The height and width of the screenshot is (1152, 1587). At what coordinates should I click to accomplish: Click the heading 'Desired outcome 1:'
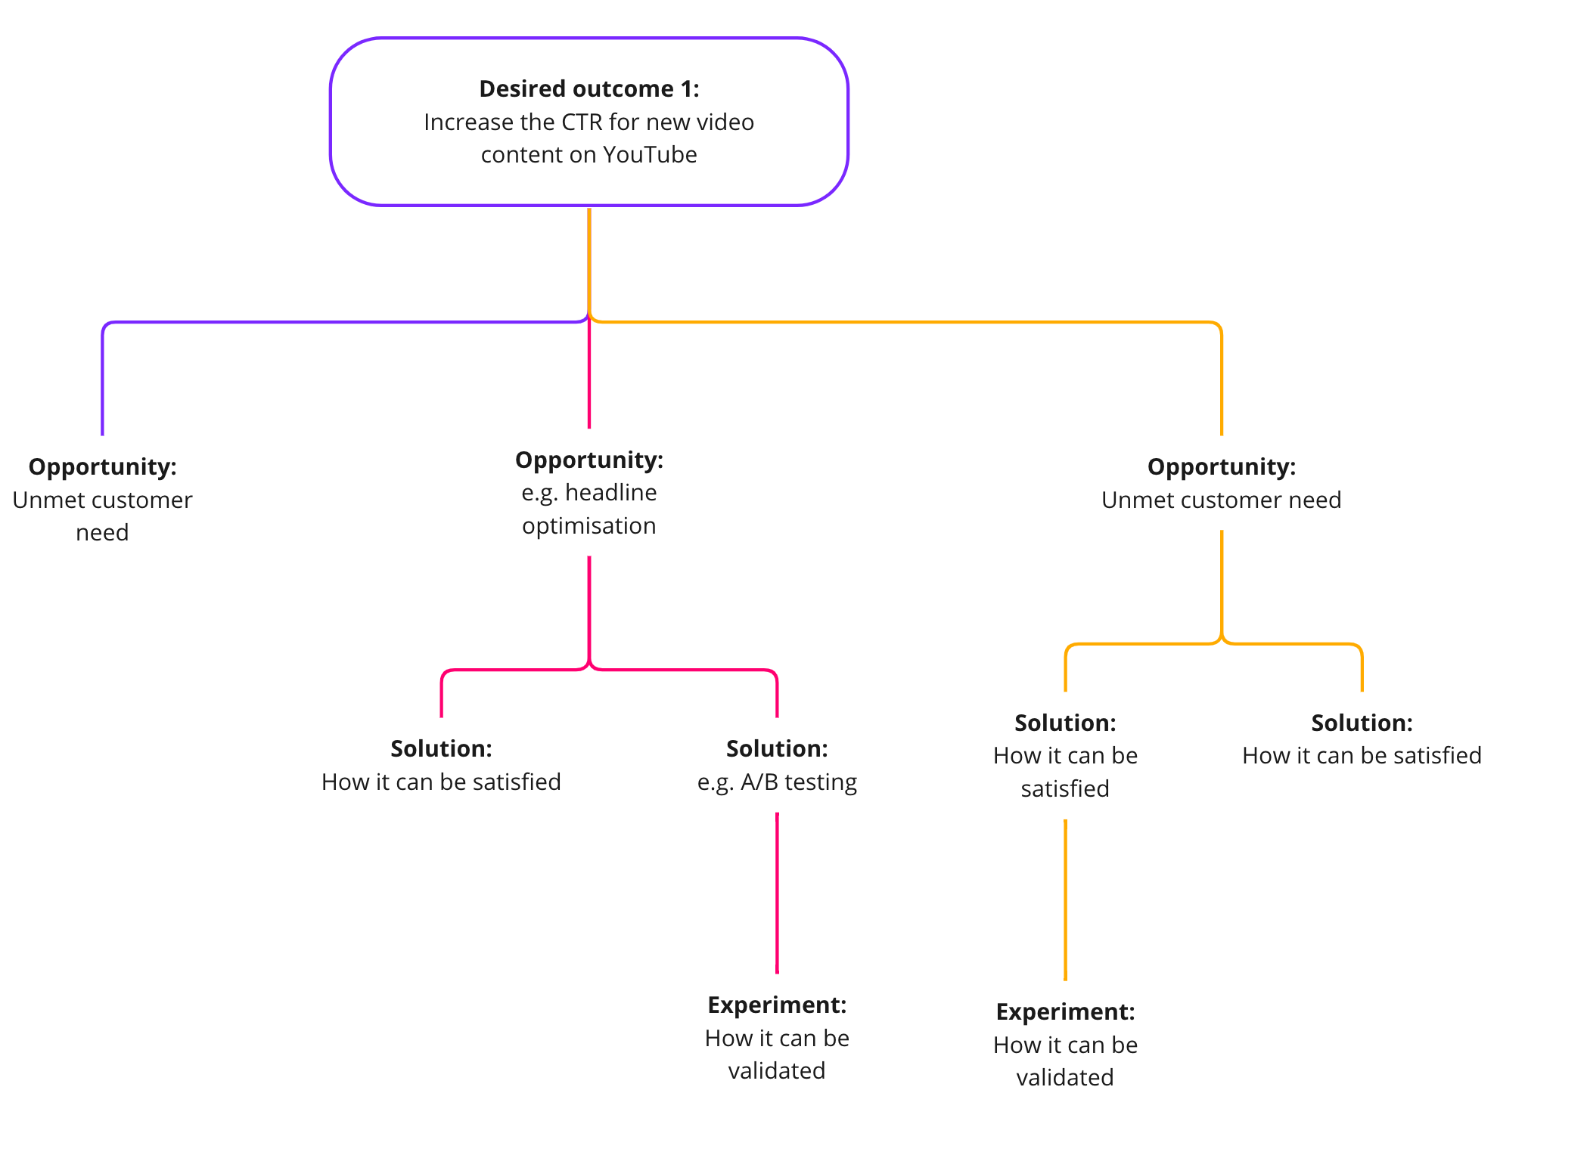[x=589, y=89]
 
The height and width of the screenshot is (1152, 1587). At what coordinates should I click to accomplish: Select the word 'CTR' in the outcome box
[x=582, y=122]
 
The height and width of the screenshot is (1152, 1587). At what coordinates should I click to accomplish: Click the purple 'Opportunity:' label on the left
[x=102, y=467]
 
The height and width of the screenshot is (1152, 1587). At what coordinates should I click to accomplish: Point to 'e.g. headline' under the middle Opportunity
[x=589, y=493]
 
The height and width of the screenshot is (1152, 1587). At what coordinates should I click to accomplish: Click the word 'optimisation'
[x=589, y=526]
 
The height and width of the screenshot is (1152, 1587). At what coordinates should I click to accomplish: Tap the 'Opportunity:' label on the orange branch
[x=1221, y=467]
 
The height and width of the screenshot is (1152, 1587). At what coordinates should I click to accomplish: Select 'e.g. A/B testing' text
[x=777, y=782]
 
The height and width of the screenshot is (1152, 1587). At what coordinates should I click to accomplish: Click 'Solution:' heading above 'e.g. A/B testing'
[x=777, y=749]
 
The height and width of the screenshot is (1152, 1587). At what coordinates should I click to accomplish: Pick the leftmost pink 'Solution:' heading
[x=441, y=749]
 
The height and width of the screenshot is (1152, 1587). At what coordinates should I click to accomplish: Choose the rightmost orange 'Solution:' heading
[x=1362, y=723]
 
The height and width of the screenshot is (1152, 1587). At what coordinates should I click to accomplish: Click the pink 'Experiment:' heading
[x=777, y=1005]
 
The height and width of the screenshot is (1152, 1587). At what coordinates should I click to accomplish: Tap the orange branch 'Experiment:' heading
[x=1065, y=1012]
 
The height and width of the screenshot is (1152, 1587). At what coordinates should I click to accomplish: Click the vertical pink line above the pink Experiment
[x=777, y=892]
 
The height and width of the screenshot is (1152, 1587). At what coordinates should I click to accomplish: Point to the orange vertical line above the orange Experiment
[x=1065, y=900]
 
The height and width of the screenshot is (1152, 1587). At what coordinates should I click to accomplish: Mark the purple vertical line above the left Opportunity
[x=102, y=378]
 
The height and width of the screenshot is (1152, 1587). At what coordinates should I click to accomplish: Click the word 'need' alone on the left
[x=102, y=533]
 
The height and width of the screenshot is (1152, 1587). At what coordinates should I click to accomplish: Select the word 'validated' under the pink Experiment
[x=777, y=1071]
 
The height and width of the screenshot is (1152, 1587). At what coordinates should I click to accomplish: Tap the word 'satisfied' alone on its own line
[x=1065, y=789]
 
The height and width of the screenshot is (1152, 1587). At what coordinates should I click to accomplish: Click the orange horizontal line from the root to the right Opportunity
[x=908, y=322]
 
